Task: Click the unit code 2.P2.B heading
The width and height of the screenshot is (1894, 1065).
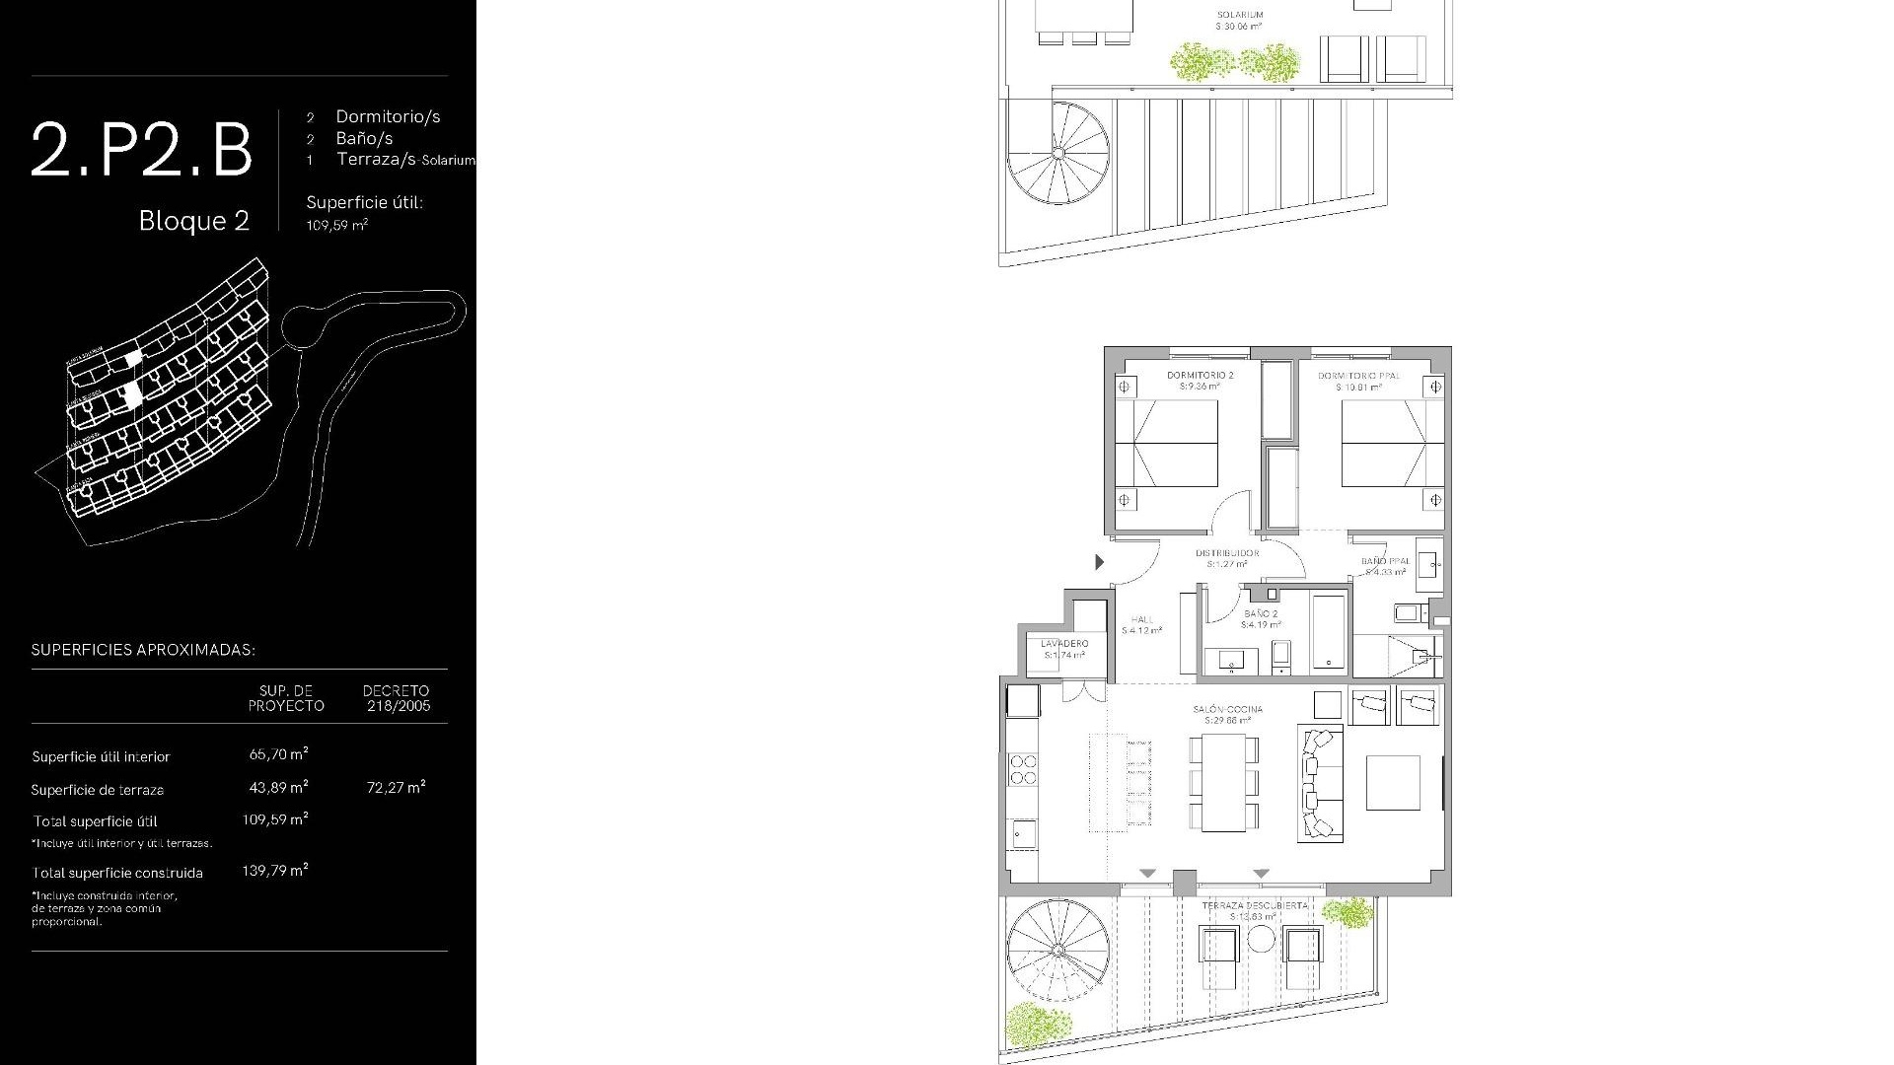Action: pos(141,149)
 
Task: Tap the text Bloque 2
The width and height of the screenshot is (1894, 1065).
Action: pos(193,221)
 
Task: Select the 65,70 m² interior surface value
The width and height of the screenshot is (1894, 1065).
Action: pos(278,754)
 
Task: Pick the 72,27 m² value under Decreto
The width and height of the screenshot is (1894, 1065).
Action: pos(396,787)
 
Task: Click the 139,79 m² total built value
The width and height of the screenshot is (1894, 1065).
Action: pos(274,871)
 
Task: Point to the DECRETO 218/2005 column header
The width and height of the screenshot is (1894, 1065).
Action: pos(396,698)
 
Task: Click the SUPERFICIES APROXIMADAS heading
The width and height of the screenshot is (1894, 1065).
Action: pos(143,650)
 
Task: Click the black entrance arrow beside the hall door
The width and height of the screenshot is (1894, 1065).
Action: pos(1099,562)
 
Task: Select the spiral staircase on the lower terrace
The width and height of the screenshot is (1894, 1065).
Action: pos(1057,950)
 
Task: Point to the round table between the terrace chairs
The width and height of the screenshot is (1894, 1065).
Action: pos(1261,939)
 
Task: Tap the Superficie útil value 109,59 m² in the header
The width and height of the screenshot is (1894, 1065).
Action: pos(336,225)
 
